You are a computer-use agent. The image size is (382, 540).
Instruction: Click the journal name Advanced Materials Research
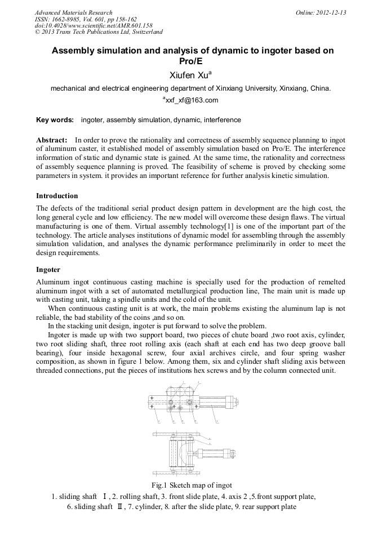point(73,12)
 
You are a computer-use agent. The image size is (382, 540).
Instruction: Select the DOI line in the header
point(94,25)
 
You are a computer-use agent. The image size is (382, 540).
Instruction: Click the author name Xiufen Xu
point(190,75)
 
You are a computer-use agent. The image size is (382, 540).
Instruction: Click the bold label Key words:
point(55,120)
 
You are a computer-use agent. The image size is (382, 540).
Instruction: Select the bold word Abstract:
point(52,140)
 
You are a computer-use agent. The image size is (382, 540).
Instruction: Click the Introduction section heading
point(57,196)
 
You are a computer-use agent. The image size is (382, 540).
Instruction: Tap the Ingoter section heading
point(48,270)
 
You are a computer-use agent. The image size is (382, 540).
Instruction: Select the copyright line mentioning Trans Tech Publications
point(99,32)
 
